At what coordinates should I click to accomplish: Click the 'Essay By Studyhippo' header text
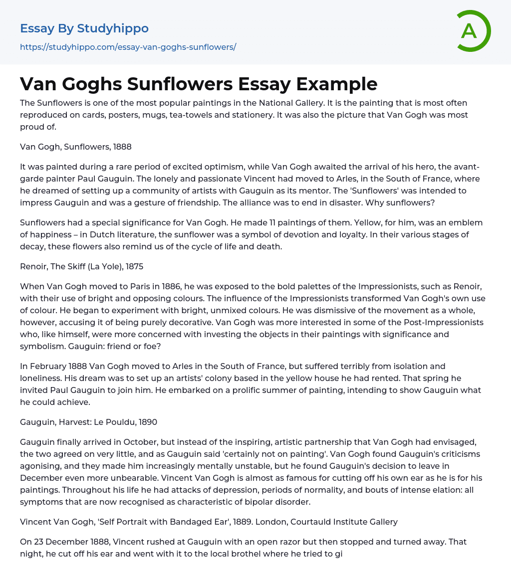pos(84,28)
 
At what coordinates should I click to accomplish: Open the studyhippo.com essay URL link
pos(128,47)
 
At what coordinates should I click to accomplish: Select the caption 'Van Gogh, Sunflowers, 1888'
pos(76,147)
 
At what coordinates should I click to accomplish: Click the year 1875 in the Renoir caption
pos(134,266)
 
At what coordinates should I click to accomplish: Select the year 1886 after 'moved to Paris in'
pos(162,286)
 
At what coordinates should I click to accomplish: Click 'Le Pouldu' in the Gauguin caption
pos(118,422)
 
